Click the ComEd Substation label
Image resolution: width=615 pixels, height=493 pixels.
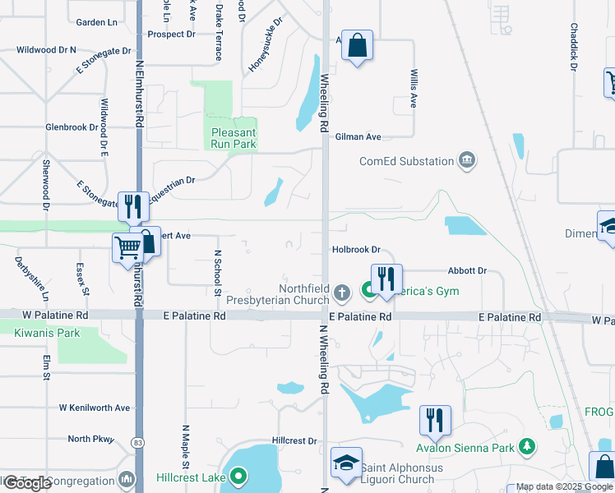click(406, 161)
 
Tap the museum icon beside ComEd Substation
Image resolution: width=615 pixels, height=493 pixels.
click(467, 159)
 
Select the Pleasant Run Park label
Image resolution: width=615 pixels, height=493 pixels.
click(234, 138)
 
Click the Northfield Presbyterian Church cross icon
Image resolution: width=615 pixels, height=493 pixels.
click(344, 292)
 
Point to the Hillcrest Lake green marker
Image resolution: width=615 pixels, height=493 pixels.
click(238, 475)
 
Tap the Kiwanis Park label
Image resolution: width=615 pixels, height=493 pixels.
click(47, 333)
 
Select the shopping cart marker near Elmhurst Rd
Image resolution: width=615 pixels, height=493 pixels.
click(127, 246)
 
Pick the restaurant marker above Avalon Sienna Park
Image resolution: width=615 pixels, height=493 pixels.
click(433, 420)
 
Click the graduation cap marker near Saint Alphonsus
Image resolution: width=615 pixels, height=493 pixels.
click(346, 463)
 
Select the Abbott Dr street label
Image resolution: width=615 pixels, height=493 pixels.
click(467, 270)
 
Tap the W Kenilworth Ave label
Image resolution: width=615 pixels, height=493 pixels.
click(95, 408)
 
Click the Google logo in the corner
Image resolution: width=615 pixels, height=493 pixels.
click(27, 483)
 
